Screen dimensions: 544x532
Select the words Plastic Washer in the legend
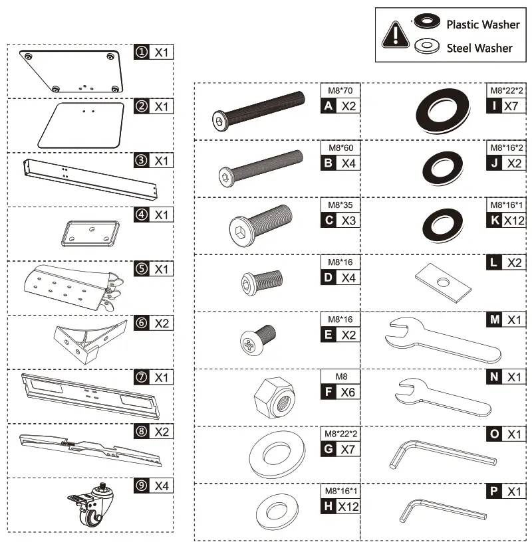click(482, 25)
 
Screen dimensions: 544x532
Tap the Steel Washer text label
click(479, 48)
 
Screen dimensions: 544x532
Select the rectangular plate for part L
click(442, 280)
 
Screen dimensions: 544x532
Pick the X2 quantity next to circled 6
click(162, 323)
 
